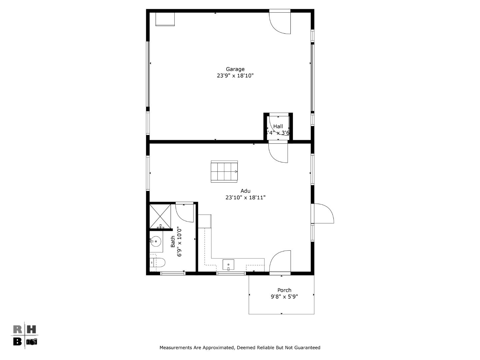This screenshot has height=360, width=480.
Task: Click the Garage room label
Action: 235,69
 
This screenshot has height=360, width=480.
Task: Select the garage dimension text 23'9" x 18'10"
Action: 235,76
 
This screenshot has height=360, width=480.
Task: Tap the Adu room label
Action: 245,191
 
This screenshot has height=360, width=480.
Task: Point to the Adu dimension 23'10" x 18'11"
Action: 245,197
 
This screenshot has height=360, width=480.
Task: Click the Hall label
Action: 278,126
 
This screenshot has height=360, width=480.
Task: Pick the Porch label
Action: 284,290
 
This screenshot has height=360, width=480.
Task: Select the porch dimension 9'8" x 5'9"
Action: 284,297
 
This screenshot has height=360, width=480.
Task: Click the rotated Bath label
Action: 173,241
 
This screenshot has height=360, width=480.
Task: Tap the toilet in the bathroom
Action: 158,263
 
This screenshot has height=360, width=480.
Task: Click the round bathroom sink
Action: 156,240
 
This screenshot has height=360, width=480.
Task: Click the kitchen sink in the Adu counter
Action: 228,265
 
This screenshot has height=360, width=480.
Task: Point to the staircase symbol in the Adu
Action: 224,172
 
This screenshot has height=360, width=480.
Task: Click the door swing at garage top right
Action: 281,23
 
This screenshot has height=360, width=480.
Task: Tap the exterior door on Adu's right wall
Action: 323,213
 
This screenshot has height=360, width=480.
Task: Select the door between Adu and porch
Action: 280,262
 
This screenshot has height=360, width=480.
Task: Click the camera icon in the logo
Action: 32,342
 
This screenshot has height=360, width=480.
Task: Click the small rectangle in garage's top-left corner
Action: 165,19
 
